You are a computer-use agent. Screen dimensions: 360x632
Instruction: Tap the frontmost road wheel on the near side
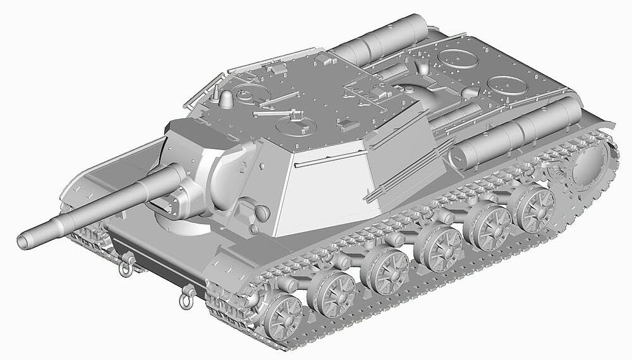point(282,315)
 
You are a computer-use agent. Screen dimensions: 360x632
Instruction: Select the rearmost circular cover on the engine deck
point(507,85)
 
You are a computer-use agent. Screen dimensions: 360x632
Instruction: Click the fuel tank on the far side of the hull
point(379,39)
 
